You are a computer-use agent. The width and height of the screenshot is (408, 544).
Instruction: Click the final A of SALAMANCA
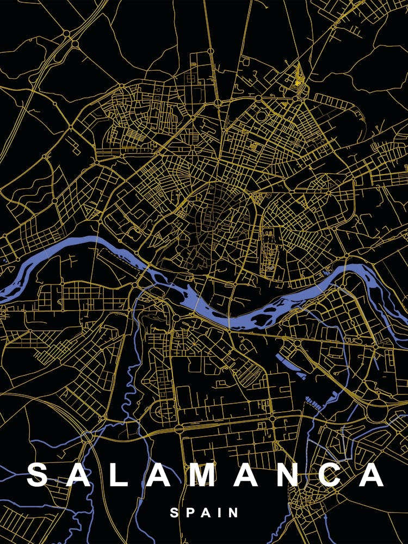pos(373,475)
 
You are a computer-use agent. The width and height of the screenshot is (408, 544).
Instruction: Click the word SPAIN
pos(204,512)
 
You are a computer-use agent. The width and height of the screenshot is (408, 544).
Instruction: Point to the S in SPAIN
pos(175,512)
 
